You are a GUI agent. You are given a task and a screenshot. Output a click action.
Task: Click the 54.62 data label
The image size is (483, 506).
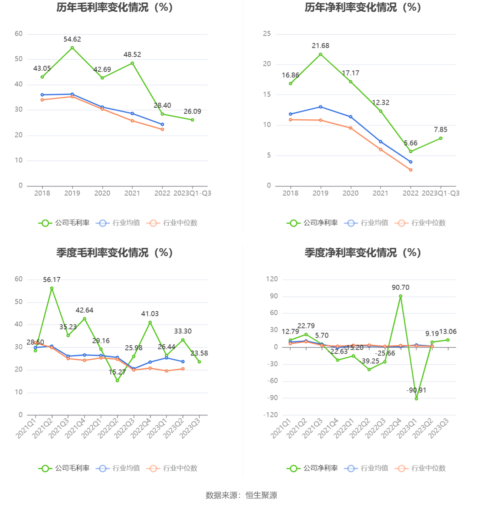(x=72, y=39)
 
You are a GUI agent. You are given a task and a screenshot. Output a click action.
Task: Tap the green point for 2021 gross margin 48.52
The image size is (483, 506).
(x=132, y=63)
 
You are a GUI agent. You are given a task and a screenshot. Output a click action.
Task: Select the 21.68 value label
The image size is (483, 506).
(x=320, y=46)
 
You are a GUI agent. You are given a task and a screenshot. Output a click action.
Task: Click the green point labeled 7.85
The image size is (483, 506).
(x=441, y=138)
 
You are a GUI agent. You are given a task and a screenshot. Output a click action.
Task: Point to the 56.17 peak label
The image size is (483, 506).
(x=52, y=280)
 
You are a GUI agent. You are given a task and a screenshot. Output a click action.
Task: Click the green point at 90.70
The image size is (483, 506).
(x=401, y=296)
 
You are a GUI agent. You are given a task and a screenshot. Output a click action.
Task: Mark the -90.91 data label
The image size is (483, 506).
(x=416, y=390)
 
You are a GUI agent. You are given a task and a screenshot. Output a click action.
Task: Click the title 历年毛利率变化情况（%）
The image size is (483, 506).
(x=114, y=7)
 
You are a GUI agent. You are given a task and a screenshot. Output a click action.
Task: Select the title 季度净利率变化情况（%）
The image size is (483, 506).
(x=363, y=253)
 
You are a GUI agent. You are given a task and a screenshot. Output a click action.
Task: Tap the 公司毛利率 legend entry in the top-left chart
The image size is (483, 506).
(x=64, y=223)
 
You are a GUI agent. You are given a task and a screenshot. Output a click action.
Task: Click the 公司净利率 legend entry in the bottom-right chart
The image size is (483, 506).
(x=313, y=468)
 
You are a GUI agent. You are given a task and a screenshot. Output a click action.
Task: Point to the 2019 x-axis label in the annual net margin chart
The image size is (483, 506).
(x=320, y=193)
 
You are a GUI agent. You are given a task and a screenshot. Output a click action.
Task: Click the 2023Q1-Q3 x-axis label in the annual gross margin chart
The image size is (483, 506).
(x=192, y=193)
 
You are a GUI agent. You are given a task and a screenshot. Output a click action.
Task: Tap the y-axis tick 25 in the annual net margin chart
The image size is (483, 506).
(x=267, y=34)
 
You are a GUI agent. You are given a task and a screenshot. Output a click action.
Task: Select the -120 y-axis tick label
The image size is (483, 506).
(x=271, y=415)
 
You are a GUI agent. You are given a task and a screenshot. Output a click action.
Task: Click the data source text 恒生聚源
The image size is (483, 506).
(x=261, y=495)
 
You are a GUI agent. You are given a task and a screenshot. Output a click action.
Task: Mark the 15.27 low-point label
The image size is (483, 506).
(x=117, y=372)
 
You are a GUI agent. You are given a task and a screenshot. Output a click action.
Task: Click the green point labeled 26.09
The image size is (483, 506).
(x=192, y=120)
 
